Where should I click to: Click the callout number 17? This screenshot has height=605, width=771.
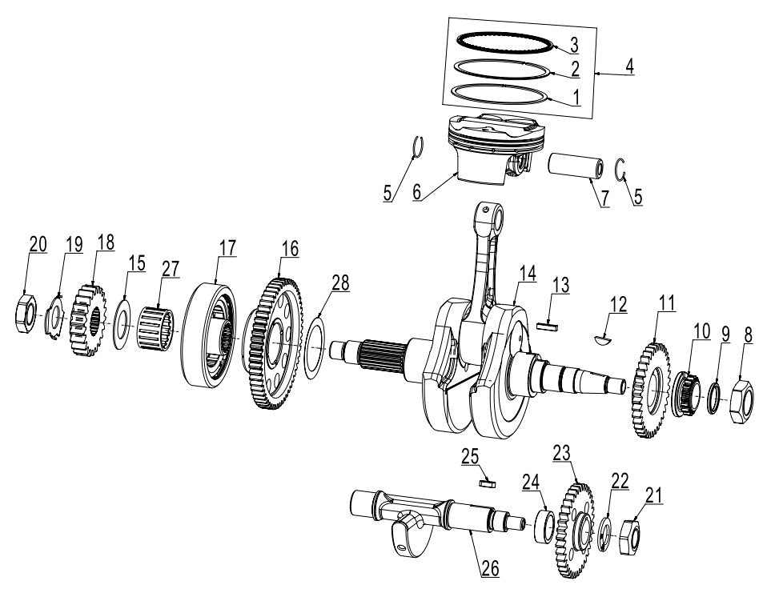[227, 248]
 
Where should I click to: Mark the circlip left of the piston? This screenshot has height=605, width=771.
[417, 148]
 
